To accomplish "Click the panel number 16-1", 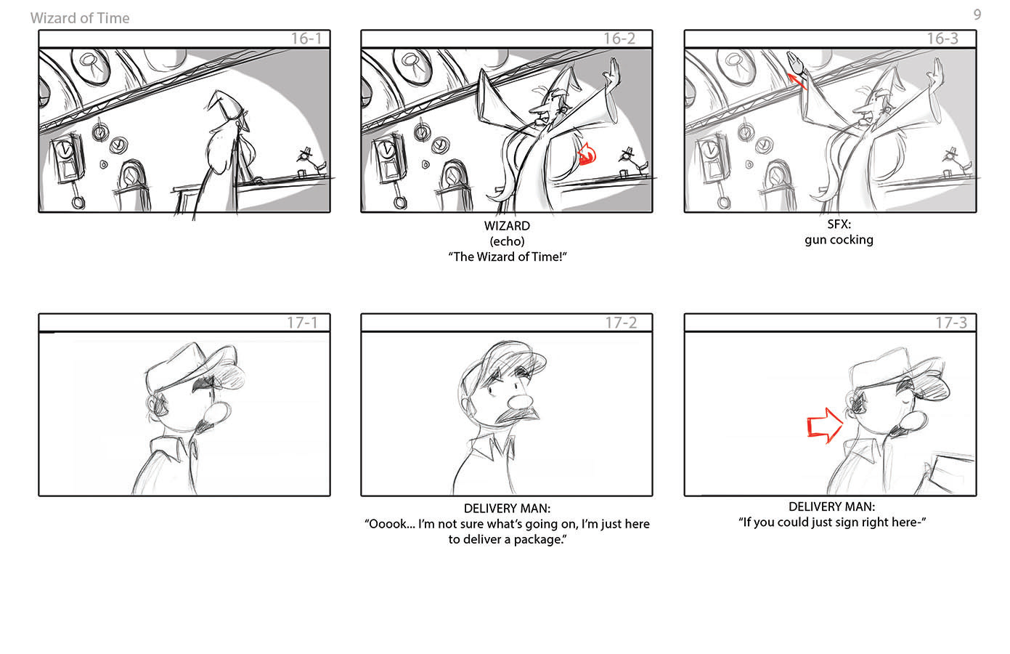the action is click(x=306, y=39).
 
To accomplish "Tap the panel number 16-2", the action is click(x=619, y=39).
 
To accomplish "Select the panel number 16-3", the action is click(x=942, y=39).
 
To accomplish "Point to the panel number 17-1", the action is click(x=303, y=323).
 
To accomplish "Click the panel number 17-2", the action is click(x=621, y=323).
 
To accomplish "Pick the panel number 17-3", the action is click(x=951, y=323).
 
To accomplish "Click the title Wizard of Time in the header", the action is click(x=80, y=18).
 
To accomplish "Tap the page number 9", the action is click(x=977, y=15).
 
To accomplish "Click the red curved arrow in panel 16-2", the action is click(x=587, y=154).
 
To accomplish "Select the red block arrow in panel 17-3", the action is click(x=824, y=426).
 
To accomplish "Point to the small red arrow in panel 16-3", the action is click(x=797, y=81).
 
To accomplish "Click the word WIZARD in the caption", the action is click(x=507, y=226).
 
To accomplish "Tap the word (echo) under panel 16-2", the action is click(x=507, y=241).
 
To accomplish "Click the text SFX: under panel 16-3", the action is click(x=839, y=225).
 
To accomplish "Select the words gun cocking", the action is click(x=839, y=240).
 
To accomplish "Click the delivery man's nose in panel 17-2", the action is click(x=520, y=401).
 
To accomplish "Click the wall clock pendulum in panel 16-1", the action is click(x=78, y=194).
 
